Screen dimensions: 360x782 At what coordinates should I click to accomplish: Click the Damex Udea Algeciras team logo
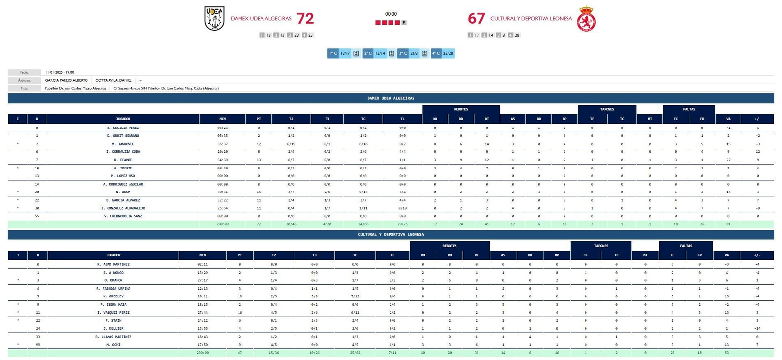tap(214, 19)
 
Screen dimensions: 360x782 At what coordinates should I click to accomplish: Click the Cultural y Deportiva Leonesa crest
tap(586, 19)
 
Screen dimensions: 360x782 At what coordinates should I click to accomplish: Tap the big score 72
tap(305, 19)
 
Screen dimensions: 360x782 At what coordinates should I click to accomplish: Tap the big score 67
tap(476, 19)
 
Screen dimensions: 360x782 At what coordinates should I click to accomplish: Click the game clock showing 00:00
tap(391, 14)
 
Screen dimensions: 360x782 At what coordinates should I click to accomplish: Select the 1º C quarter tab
tap(333, 53)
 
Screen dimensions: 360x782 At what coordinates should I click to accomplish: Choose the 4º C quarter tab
tap(436, 53)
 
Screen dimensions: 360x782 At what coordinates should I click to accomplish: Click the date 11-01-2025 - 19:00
tap(60, 72)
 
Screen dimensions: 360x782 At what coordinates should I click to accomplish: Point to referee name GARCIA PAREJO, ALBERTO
tap(66, 80)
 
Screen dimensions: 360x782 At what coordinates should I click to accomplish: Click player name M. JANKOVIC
tap(123, 144)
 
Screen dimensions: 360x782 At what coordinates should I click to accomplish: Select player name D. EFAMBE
tap(123, 160)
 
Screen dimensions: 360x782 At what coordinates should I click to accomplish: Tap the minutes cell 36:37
tap(222, 144)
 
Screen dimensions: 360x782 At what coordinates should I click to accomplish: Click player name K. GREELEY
tap(113, 296)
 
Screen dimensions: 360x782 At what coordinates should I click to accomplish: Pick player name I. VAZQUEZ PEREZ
tap(113, 313)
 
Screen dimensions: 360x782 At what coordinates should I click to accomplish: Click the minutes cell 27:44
tap(202, 313)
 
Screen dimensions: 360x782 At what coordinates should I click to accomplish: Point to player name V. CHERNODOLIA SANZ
tap(123, 216)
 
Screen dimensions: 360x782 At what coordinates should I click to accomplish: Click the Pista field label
tap(24, 88)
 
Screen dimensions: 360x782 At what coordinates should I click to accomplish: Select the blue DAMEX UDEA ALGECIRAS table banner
tap(391, 98)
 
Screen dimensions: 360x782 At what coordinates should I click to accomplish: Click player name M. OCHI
tap(113, 345)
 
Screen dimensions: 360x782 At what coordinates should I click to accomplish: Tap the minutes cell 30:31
tap(222, 192)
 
